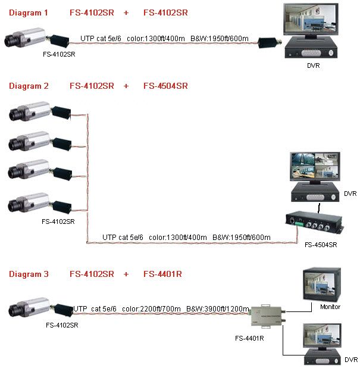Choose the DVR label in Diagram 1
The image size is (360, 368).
(x=313, y=66)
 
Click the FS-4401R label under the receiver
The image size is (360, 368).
(x=250, y=339)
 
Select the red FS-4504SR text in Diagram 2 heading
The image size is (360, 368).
(x=165, y=86)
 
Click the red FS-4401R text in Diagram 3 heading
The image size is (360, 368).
(x=162, y=274)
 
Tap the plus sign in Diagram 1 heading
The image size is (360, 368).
(x=126, y=12)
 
